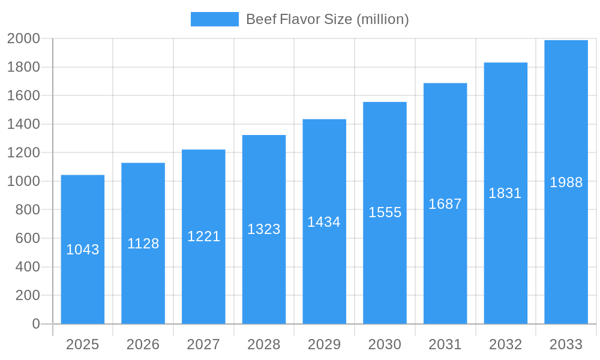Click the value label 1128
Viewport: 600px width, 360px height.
[143, 244]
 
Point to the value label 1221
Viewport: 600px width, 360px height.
[204, 236]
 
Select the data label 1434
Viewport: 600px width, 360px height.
[324, 222]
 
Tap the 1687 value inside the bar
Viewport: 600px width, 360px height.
[445, 204]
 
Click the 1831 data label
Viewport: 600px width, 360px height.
[505, 193]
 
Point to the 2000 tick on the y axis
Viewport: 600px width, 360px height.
[23, 39]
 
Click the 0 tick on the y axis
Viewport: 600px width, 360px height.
[36, 324]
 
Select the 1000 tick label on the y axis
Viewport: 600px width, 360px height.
[23, 181]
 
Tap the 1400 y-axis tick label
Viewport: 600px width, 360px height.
[23, 124]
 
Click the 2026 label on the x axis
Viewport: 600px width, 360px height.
[143, 344]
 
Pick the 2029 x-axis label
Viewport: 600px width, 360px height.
[324, 344]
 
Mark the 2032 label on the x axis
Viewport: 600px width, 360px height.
[505, 344]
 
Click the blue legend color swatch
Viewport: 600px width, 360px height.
[214, 19]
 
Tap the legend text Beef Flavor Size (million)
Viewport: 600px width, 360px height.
[328, 19]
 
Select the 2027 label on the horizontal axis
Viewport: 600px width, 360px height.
[203, 344]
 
